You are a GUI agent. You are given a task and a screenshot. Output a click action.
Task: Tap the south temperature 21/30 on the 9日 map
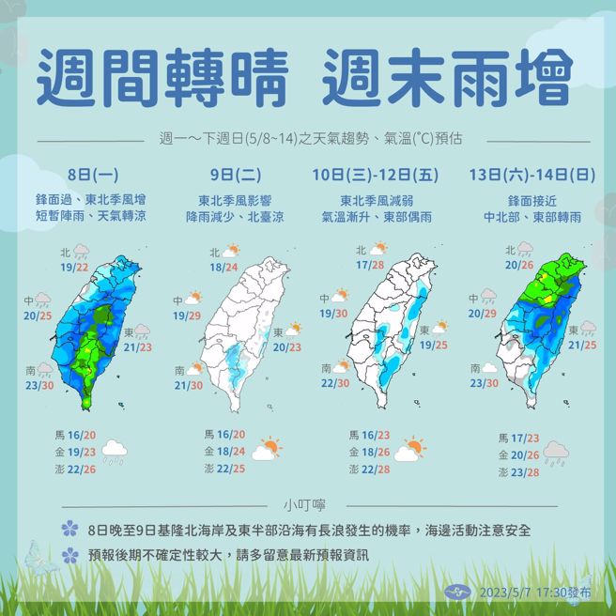(189, 385)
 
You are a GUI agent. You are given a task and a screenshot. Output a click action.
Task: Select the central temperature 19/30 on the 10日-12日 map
(334, 314)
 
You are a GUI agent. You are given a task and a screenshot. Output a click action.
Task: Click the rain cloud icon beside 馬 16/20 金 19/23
(115, 453)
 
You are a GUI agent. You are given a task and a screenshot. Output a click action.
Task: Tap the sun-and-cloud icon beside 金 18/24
(267, 449)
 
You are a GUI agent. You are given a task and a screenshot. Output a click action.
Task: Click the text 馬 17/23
(517, 438)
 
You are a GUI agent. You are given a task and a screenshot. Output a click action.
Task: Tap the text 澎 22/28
(370, 469)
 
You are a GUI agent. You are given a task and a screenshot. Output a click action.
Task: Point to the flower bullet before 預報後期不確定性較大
(69, 555)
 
